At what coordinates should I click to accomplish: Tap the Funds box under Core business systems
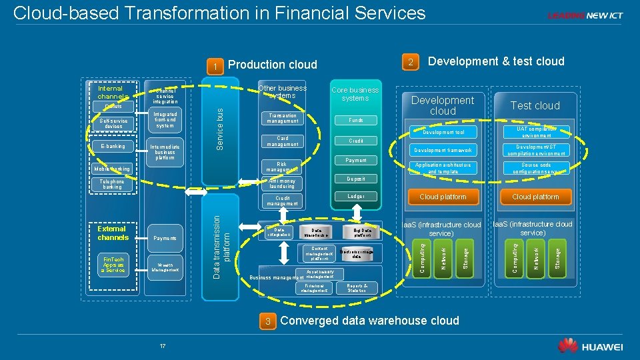point(355,120)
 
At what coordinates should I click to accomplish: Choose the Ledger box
point(355,197)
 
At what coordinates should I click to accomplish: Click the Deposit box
point(355,179)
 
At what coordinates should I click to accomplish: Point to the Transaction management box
point(282,118)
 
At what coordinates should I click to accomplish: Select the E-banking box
point(112,146)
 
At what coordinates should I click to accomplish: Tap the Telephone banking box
point(112,184)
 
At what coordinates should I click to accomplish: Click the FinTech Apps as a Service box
point(112,265)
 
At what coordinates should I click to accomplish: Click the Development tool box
point(443,132)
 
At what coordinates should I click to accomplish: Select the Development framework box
point(443,150)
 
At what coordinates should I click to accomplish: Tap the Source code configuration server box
point(535,168)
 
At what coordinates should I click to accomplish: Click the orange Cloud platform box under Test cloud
point(535,197)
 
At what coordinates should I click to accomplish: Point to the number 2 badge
point(412,63)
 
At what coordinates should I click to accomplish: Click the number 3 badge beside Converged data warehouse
point(268,321)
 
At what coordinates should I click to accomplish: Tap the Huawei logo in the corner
point(590,345)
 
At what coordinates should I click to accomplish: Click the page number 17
point(162,345)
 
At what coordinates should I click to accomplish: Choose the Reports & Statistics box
point(357,288)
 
